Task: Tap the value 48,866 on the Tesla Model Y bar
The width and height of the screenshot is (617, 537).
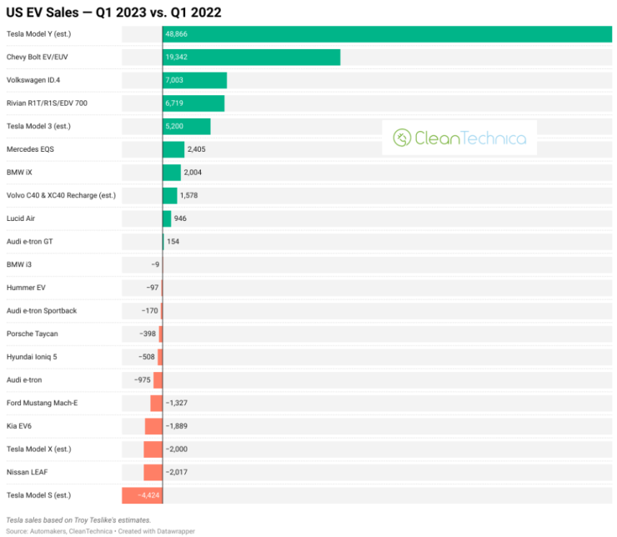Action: click(176, 34)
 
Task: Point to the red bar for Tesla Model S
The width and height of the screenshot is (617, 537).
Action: click(142, 495)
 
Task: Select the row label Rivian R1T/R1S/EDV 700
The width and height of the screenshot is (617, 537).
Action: click(47, 103)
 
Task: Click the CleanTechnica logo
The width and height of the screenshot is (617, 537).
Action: click(459, 138)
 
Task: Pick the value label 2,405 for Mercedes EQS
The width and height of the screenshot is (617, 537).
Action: click(198, 149)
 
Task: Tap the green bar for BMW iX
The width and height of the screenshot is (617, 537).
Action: click(172, 173)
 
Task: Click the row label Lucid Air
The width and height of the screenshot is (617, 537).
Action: click(21, 218)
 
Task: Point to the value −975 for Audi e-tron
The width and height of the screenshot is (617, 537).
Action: click(142, 380)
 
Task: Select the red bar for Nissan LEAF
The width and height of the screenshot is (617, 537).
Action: click(153, 473)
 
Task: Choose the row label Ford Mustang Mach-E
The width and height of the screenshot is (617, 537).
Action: click(42, 403)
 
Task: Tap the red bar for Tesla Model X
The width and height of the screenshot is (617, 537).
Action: click(153, 449)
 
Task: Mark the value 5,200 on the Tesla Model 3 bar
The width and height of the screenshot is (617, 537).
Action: click(176, 126)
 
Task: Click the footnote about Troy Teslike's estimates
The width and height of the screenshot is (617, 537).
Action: click(78, 519)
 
